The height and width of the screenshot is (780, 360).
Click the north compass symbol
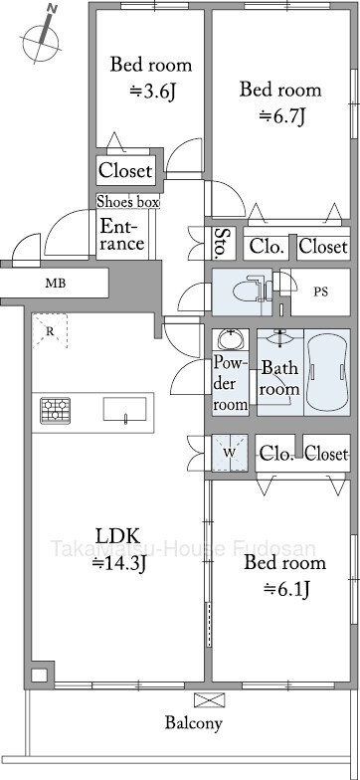42,37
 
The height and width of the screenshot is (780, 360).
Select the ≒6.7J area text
280,117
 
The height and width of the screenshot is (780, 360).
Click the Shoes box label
127,202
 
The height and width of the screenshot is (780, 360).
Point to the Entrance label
122,235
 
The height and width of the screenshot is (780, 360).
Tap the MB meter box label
54,284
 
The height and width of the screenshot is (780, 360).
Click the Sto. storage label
219,244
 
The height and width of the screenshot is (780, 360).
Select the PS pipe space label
320,292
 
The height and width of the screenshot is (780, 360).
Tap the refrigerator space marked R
50,330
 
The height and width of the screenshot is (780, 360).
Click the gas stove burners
56,410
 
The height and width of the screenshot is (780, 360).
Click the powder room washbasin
231,340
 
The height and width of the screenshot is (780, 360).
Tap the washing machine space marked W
229,453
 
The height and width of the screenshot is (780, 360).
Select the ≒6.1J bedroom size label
286,589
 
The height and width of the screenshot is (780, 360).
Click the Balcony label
193,722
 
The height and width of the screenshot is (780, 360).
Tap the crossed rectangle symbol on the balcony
209,700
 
